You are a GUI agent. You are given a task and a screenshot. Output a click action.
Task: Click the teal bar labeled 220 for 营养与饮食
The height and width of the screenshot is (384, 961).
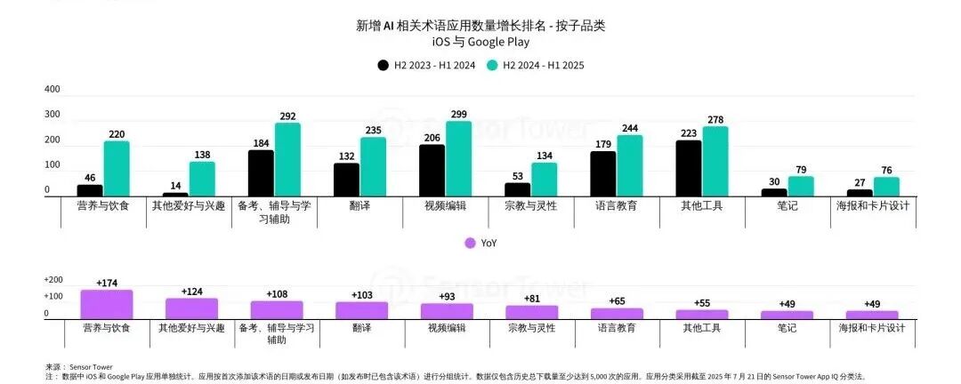(117, 169)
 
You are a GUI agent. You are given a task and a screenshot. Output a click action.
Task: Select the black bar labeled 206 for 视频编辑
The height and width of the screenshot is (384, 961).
(432, 171)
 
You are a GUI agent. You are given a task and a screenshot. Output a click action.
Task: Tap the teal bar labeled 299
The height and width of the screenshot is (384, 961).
(458, 159)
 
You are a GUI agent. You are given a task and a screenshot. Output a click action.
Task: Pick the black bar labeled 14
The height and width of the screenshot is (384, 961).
(175, 194)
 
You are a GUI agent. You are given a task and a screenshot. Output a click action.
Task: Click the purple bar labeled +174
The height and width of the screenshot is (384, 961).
(106, 304)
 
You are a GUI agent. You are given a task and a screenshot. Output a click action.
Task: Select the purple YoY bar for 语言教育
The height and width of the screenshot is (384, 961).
(617, 313)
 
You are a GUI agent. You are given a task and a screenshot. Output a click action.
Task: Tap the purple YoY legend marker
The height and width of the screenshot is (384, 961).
(471, 243)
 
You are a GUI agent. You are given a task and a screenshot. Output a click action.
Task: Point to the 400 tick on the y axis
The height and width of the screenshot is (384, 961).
(52, 90)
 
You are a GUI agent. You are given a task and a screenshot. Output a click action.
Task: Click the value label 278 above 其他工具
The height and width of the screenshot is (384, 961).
(715, 119)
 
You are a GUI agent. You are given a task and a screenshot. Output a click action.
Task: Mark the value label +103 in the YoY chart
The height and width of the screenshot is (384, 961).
(361, 294)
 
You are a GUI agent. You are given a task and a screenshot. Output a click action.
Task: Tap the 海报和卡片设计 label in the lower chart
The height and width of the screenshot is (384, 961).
(872, 328)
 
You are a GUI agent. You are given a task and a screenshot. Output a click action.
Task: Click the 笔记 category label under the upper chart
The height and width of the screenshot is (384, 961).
(787, 205)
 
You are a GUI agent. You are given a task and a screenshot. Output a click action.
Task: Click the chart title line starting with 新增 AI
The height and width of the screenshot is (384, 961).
(480, 25)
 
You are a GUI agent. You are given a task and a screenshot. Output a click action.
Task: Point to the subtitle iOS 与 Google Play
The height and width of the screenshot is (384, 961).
(480, 42)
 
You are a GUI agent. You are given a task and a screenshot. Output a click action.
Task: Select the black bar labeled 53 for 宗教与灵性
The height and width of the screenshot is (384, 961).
(517, 189)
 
